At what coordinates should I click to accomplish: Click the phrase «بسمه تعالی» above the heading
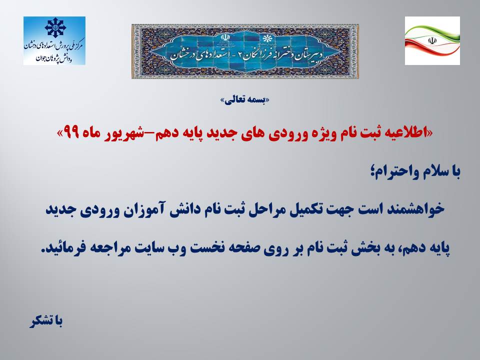coord(245,100)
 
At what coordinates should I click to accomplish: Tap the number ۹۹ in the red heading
coord(71,132)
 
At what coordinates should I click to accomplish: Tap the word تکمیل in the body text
coord(306,209)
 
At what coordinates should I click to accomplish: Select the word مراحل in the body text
coord(266,209)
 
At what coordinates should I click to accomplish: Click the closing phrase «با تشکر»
coord(46,321)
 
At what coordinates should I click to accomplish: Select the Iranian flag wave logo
coord(432,40)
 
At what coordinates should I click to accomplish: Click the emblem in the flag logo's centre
coord(432,40)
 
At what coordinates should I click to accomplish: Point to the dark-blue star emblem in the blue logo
coord(55,27)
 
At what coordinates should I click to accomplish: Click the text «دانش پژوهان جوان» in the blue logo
coord(54,58)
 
